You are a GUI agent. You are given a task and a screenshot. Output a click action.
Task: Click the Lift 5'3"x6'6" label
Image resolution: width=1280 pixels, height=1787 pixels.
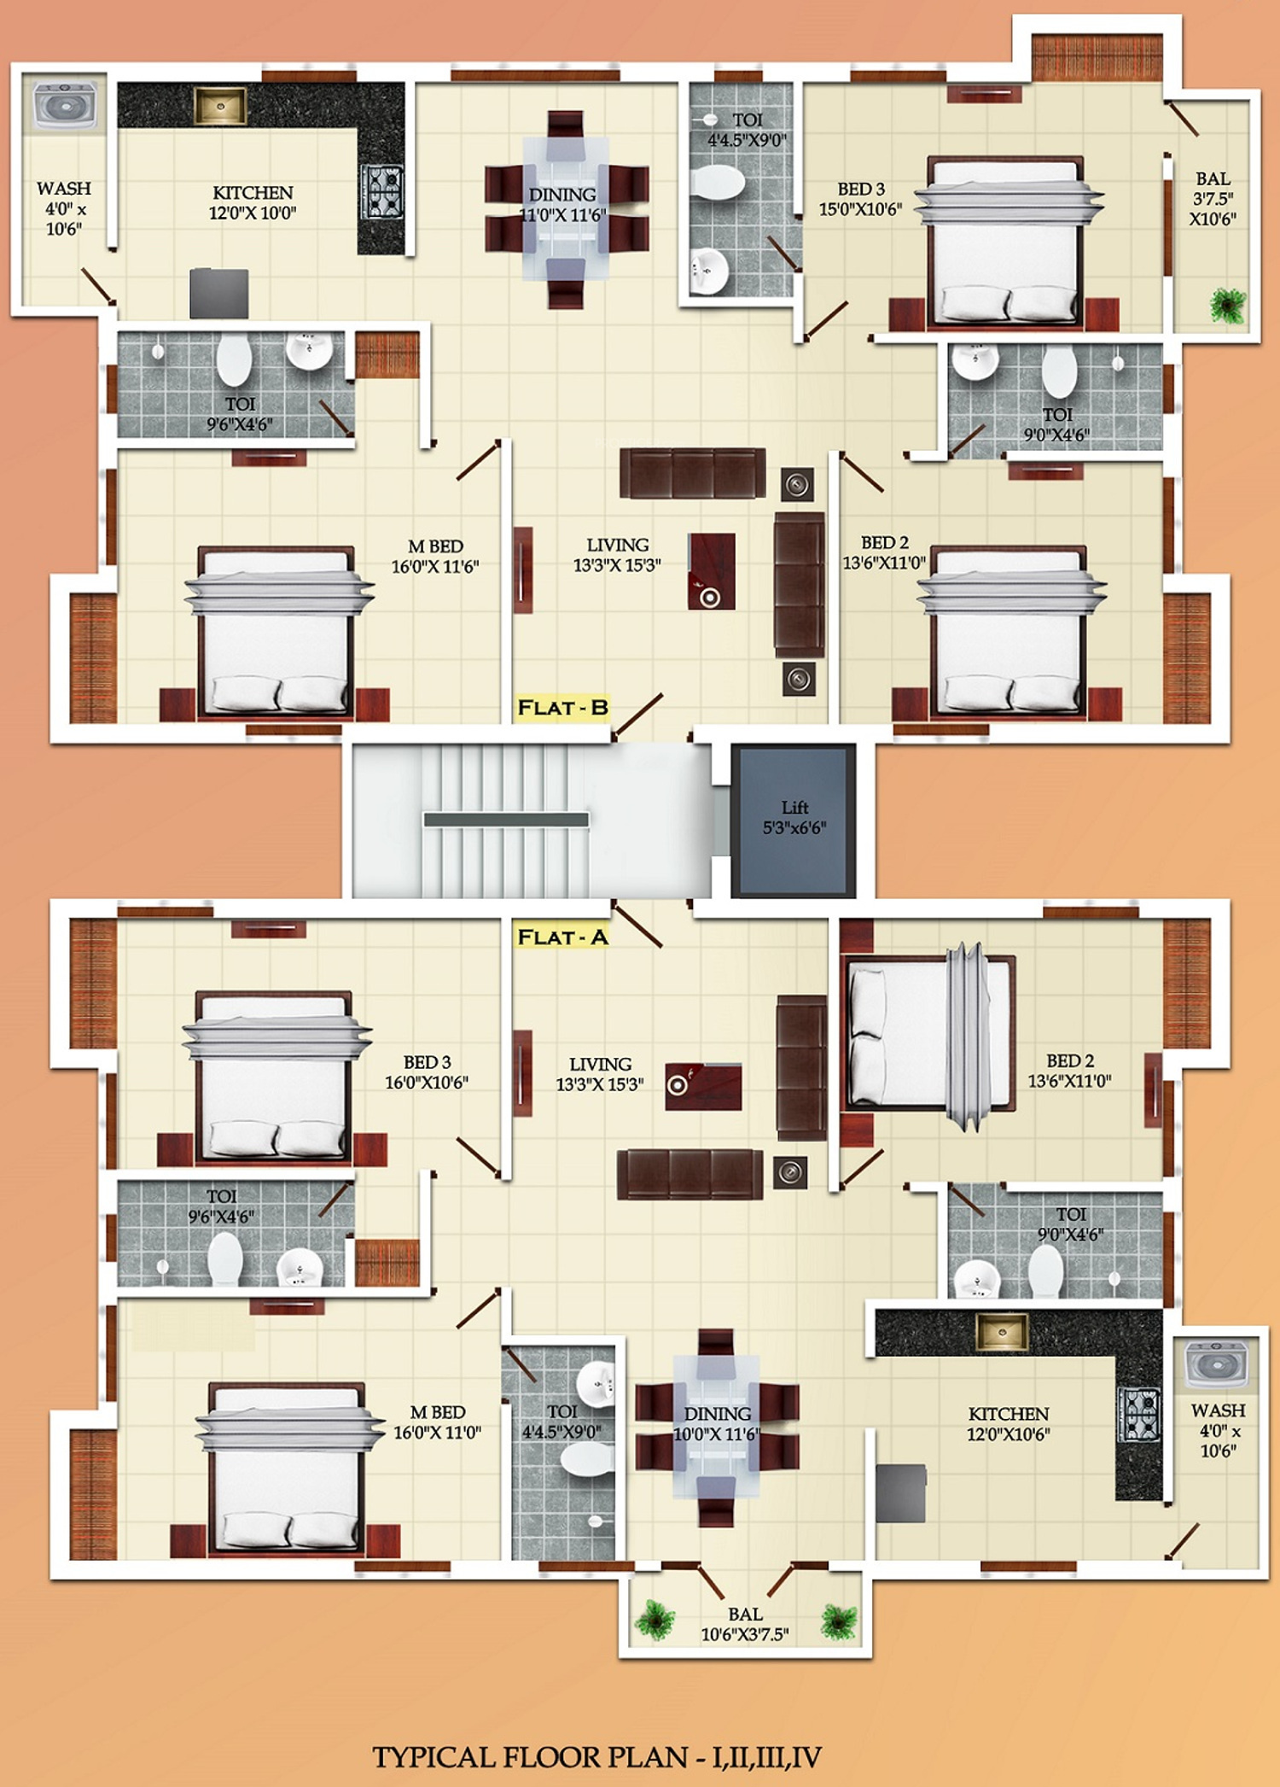point(794,817)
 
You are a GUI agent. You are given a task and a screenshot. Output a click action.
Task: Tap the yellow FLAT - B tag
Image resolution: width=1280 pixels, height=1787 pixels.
point(562,708)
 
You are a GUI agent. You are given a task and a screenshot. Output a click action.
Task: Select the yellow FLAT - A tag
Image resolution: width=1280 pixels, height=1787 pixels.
point(562,937)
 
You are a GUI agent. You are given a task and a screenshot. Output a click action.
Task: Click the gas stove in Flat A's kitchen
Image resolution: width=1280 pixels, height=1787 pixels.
point(1139,1414)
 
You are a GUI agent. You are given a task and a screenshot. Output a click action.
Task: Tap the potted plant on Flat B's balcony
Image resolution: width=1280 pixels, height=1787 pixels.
point(1228,305)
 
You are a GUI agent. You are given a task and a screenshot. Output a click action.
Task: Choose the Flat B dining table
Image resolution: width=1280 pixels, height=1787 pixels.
point(566,210)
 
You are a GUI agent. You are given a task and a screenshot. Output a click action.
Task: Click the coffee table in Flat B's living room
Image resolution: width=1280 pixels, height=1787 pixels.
point(712,571)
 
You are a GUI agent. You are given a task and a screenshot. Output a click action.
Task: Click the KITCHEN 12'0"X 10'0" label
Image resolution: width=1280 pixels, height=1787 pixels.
point(253,202)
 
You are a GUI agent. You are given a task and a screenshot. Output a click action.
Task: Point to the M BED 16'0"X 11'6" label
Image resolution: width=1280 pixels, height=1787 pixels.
point(435,556)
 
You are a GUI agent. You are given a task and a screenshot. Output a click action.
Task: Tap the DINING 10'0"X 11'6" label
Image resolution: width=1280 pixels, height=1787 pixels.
point(717,1423)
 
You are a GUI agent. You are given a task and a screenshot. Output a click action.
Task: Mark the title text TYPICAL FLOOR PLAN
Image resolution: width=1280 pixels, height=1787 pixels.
point(530,1756)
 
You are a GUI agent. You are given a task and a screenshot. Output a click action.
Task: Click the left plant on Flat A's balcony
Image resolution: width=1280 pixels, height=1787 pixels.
point(655,1620)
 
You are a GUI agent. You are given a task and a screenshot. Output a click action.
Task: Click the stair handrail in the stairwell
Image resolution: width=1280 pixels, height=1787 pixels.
point(506,820)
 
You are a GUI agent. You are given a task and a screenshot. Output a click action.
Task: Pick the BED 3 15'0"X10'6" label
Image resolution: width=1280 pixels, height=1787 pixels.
point(860,199)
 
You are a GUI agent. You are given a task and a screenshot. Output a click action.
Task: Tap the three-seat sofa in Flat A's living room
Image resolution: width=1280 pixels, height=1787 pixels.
point(689,1174)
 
